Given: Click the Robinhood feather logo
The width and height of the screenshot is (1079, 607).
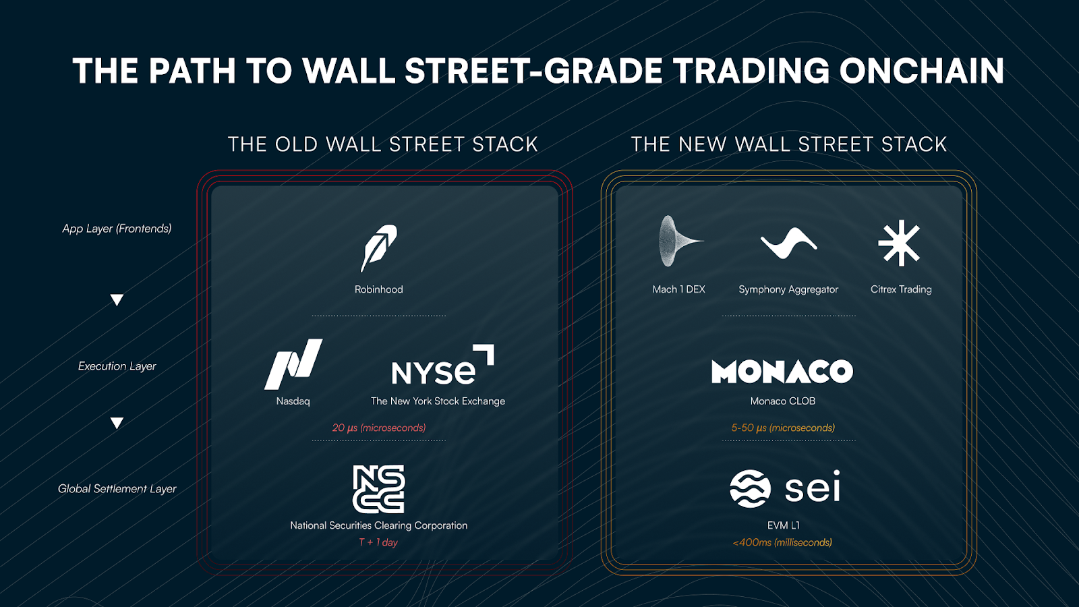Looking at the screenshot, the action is click(378, 248).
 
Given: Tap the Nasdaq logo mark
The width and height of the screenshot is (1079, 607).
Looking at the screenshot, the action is click(293, 364).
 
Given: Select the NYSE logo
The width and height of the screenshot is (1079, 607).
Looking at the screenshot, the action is click(442, 365).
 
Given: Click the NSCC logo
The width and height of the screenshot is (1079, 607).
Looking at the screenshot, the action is click(378, 489).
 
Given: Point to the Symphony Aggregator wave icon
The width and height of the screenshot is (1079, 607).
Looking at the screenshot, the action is click(788, 243).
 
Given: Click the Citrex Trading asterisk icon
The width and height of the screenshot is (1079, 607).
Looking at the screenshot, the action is click(900, 243).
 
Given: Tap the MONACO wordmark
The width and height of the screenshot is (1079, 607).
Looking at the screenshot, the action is click(782, 372).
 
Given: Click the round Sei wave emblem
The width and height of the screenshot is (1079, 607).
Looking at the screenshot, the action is click(750, 488).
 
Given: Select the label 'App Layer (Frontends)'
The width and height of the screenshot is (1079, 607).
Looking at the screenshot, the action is click(117, 229).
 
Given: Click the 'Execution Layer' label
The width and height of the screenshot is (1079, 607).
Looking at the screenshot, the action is click(117, 366).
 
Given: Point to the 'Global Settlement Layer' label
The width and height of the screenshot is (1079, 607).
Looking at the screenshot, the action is click(117, 488).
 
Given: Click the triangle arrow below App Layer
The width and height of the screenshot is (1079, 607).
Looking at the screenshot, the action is click(117, 299).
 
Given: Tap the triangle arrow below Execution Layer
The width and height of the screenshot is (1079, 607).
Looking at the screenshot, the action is click(117, 422).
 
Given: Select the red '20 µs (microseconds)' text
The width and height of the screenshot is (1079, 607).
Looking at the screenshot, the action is click(379, 428).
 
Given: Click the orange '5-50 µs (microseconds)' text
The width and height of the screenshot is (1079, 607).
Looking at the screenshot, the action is click(783, 428).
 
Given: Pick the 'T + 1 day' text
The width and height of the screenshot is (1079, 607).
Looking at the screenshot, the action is click(378, 542).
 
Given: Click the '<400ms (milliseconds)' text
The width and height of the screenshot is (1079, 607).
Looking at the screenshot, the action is click(782, 542).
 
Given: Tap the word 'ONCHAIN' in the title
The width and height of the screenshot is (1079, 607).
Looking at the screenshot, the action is click(922, 71).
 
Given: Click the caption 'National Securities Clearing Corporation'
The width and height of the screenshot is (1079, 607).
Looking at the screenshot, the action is click(378, 525).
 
